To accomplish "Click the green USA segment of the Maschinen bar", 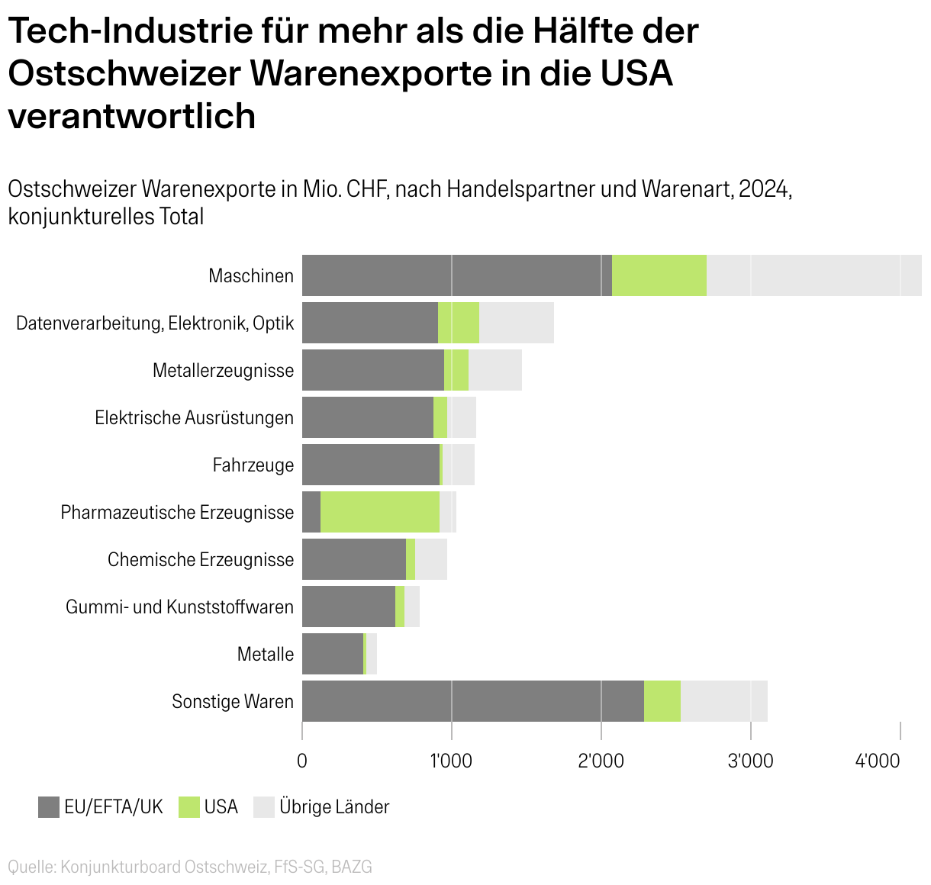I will (x=659, y=275).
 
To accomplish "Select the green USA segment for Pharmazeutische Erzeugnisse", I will (x=380, y=512).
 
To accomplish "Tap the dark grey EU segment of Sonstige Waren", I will (x=473, y=701).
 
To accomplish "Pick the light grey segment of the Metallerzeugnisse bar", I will (x=494, y=370).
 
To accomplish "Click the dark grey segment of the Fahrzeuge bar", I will (x=371, y=465).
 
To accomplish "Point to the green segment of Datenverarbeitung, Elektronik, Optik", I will (x=458, y=323).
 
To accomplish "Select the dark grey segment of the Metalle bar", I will (x=333, y=654).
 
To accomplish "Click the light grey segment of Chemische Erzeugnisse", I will (x=430, y=559).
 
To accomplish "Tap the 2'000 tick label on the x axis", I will (x=601, y=761).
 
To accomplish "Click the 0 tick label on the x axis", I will (x=302, y=761).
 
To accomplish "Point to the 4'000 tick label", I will (x=879, y=761).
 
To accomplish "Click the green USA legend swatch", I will (x=189, y=807).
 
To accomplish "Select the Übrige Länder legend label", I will (x=334, y=807).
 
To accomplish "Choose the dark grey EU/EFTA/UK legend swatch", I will (x=49, y=807).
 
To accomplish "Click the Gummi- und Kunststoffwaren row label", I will (x=179, y=607).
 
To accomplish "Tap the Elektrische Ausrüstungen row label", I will (x=194, y=418).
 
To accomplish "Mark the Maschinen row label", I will (x=251, y=276).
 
